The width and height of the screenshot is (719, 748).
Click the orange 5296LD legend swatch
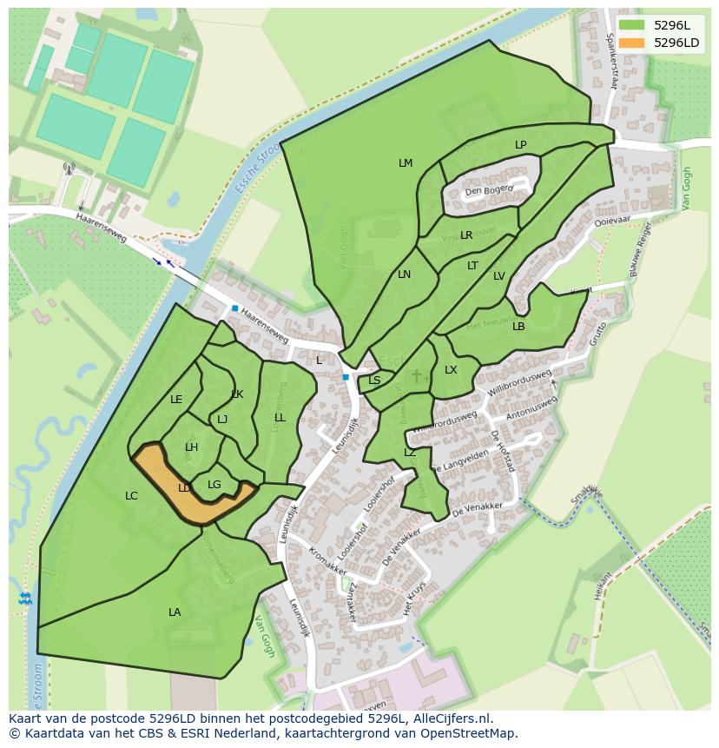[632, 43]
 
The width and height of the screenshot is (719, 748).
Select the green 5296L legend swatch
[632, 25]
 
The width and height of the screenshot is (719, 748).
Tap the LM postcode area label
[406, 163]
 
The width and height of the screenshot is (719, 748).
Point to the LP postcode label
[520, 145]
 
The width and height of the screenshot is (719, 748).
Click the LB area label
[518, 327]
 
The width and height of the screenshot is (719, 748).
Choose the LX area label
[451, 370]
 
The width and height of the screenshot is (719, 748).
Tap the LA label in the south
[175, 612]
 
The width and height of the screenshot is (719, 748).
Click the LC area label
[131, 496]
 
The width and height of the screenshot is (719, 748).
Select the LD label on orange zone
[184, 488]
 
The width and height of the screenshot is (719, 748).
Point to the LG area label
[214, 485]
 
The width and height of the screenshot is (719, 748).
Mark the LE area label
[176, 400]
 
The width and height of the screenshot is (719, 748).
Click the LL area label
[280, 418]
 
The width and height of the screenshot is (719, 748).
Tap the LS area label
[374, 381]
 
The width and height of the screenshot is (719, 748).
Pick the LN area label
[404, 275]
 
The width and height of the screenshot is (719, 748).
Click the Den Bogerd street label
[489, 190]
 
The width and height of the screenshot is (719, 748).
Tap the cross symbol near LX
[416, 375]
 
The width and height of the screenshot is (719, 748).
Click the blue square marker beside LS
[346, 377]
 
